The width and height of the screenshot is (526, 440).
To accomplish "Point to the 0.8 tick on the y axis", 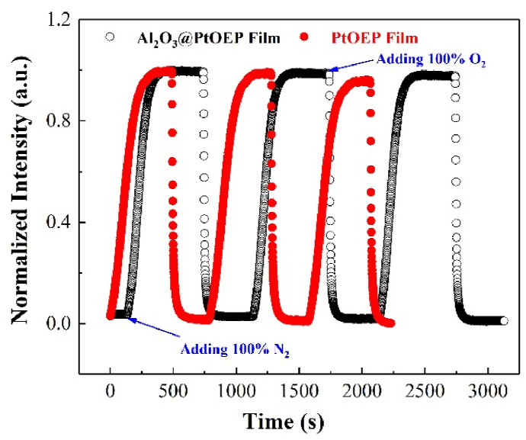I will click(59, 121).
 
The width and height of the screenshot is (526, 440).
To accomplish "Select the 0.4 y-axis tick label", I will click(59, 223).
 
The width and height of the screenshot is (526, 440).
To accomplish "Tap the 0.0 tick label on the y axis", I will click(59, 323).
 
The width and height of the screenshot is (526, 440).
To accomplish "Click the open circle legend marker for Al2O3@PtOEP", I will click(111, 36).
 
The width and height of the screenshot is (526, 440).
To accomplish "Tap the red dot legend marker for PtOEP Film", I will click(305, 36).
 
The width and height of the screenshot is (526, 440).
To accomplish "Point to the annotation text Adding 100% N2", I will click(226, 351).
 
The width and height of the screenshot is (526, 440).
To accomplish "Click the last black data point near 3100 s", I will click(504, 321).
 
